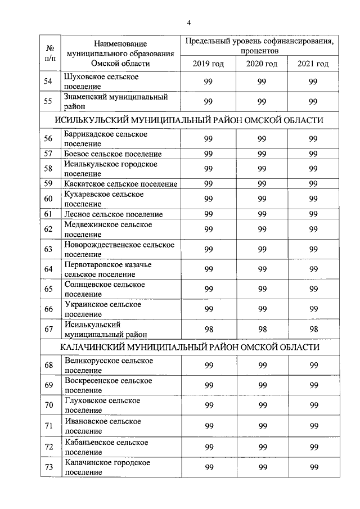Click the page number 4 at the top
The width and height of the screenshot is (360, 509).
pyautogui.click(x=189, y=22)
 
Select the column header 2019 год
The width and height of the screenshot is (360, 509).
pyautogui.click(x=208, y=64)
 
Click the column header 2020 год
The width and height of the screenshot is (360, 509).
pyautogui.click(x=262, y=64)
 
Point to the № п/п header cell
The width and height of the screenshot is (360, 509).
pyautogui.click(x=49, y=53)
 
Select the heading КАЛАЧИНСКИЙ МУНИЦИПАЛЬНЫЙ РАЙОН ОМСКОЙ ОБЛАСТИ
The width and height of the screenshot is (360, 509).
pyautogui.click(x=189, y=347)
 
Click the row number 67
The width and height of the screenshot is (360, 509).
pyautogui.click(x=49, y=329)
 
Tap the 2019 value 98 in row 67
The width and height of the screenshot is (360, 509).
pyautogui.click(x=208, y=329)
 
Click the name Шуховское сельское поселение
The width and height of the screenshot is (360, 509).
pyautogui.click(x=101, y=82)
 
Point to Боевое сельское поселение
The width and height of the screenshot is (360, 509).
pyautogui.click(x=113, y=154)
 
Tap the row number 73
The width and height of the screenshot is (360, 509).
pyautogui.click(x=49, y=467)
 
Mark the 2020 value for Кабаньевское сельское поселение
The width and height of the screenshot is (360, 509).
pyautogui.click(x=262, y=447)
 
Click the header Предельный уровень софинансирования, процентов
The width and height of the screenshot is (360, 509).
pyautogui.click(x=261, y=46)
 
